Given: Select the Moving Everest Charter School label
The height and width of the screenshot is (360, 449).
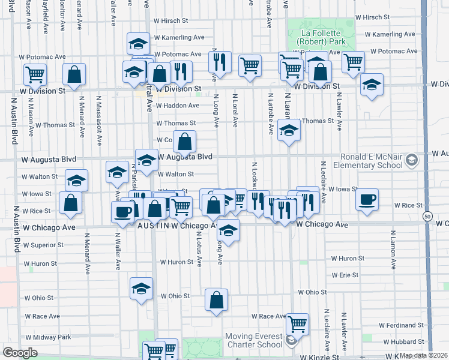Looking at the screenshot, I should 253,340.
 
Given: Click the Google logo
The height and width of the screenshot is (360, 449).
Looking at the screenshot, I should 20,353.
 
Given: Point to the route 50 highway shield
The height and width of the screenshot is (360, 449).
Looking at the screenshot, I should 427,215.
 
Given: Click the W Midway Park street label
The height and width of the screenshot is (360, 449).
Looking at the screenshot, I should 48,337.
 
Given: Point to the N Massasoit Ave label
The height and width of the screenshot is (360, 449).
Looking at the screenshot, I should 98,120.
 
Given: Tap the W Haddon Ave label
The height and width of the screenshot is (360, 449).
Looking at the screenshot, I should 177,106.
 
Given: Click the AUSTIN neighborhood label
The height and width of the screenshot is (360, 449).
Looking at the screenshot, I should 150,226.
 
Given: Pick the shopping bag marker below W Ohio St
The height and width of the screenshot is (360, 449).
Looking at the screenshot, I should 216,300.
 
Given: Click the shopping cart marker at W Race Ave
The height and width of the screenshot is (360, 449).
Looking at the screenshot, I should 297,324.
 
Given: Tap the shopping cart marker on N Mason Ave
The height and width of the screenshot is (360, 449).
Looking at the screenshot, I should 35,74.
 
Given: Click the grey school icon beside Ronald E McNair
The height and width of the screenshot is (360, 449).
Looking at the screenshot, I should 411,160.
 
